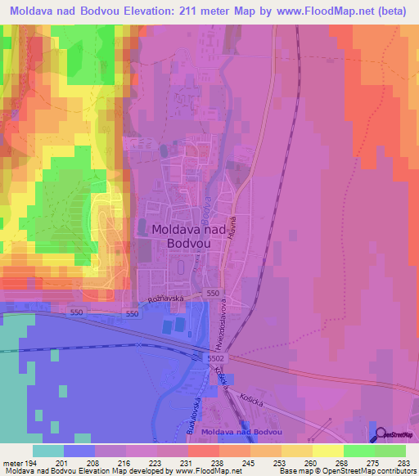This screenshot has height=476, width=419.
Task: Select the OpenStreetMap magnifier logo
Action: [382, 434]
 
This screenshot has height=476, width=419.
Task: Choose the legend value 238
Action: [217, 462]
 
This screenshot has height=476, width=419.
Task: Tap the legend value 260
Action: [311, 462]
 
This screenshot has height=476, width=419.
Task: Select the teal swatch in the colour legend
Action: [48, 451]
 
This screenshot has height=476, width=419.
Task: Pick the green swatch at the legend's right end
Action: [390, 451]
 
